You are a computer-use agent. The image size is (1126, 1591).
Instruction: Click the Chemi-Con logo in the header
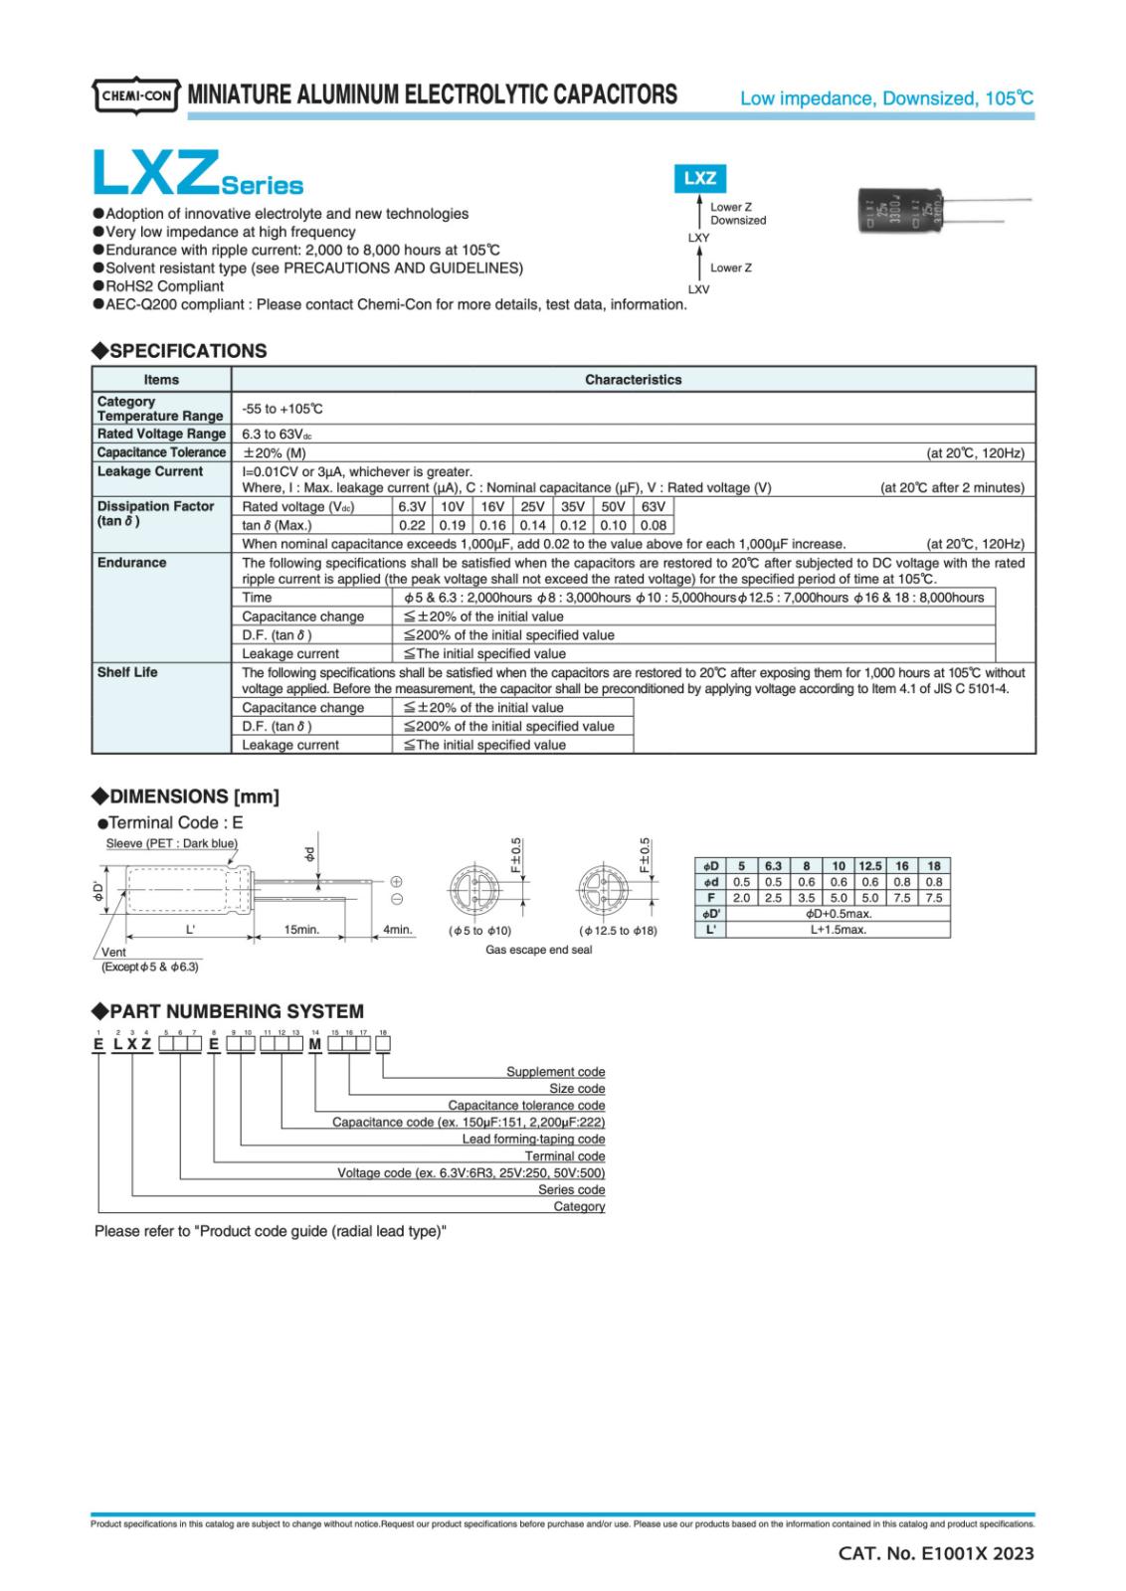coord(136,96)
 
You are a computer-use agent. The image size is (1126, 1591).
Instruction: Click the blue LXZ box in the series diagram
coord(700,178)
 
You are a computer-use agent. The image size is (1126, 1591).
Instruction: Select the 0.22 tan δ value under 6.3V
coord(411,525)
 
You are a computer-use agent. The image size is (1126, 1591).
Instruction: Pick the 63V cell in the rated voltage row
coord(653,506)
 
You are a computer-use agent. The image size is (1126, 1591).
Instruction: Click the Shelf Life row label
coord(127,672)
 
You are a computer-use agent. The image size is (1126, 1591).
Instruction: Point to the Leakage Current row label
coord(149,471)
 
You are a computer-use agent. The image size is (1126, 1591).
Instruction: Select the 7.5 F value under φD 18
coord(933,897)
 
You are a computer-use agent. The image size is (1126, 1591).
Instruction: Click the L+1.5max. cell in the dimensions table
coord(838,930)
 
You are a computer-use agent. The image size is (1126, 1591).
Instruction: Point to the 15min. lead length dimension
coord(301,929)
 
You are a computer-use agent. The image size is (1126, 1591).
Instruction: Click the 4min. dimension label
coord(398,929)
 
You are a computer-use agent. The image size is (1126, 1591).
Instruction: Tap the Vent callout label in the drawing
coord(113,952)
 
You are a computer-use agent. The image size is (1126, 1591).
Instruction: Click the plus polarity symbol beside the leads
coord(395,881)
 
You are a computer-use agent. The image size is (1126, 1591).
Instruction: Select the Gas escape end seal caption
coord(538,950)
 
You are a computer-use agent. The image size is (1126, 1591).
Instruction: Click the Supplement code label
coord(555,1072)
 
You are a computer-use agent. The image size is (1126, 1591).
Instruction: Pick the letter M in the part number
coord(314,1044)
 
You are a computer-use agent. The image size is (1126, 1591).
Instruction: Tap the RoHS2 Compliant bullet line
coord(164,286)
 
